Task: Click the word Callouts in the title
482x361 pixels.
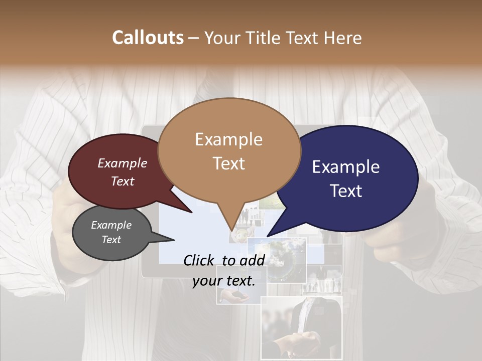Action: pos(148,38)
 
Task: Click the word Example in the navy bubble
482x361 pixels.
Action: pos(346,167)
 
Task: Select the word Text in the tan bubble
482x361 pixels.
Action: pos(229,163)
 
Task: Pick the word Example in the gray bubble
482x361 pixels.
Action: pos(111,225)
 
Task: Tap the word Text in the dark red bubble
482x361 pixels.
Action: pos(123,182)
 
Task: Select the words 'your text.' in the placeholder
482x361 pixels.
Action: pos(224,281)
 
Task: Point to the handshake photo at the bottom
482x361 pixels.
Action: pos(301,331)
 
